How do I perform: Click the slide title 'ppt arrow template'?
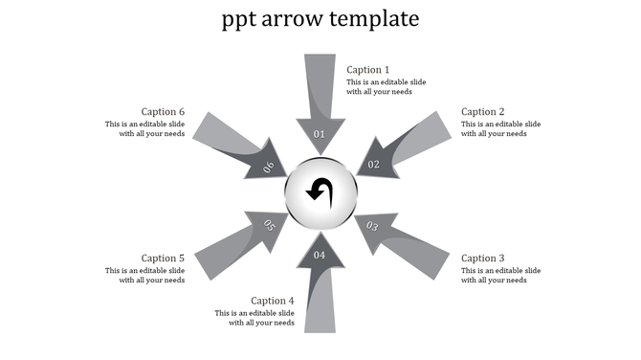pos(320,18)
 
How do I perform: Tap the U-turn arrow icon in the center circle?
pos(320,191)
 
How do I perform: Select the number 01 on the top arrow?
pos(320,134)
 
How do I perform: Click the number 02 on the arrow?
pos(374,164)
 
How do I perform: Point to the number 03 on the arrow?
pos(373,227)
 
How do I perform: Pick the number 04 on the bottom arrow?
pos(320,255)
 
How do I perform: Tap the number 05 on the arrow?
pos(269,226)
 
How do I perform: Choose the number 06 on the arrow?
pos(269,167)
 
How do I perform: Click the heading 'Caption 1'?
pos(368,69)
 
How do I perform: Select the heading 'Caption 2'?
pos(483,111)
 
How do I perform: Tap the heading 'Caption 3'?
pos(483,258)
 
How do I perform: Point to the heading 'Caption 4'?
pos(273,301)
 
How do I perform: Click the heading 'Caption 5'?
pos(163,258)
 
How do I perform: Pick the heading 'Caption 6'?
pos(163,111)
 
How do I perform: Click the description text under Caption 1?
pos(386,87)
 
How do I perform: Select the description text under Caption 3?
pos(500,275)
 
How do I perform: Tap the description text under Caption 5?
pos(145,275)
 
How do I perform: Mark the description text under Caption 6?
pos(145,128)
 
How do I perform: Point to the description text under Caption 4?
pos(254,318)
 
